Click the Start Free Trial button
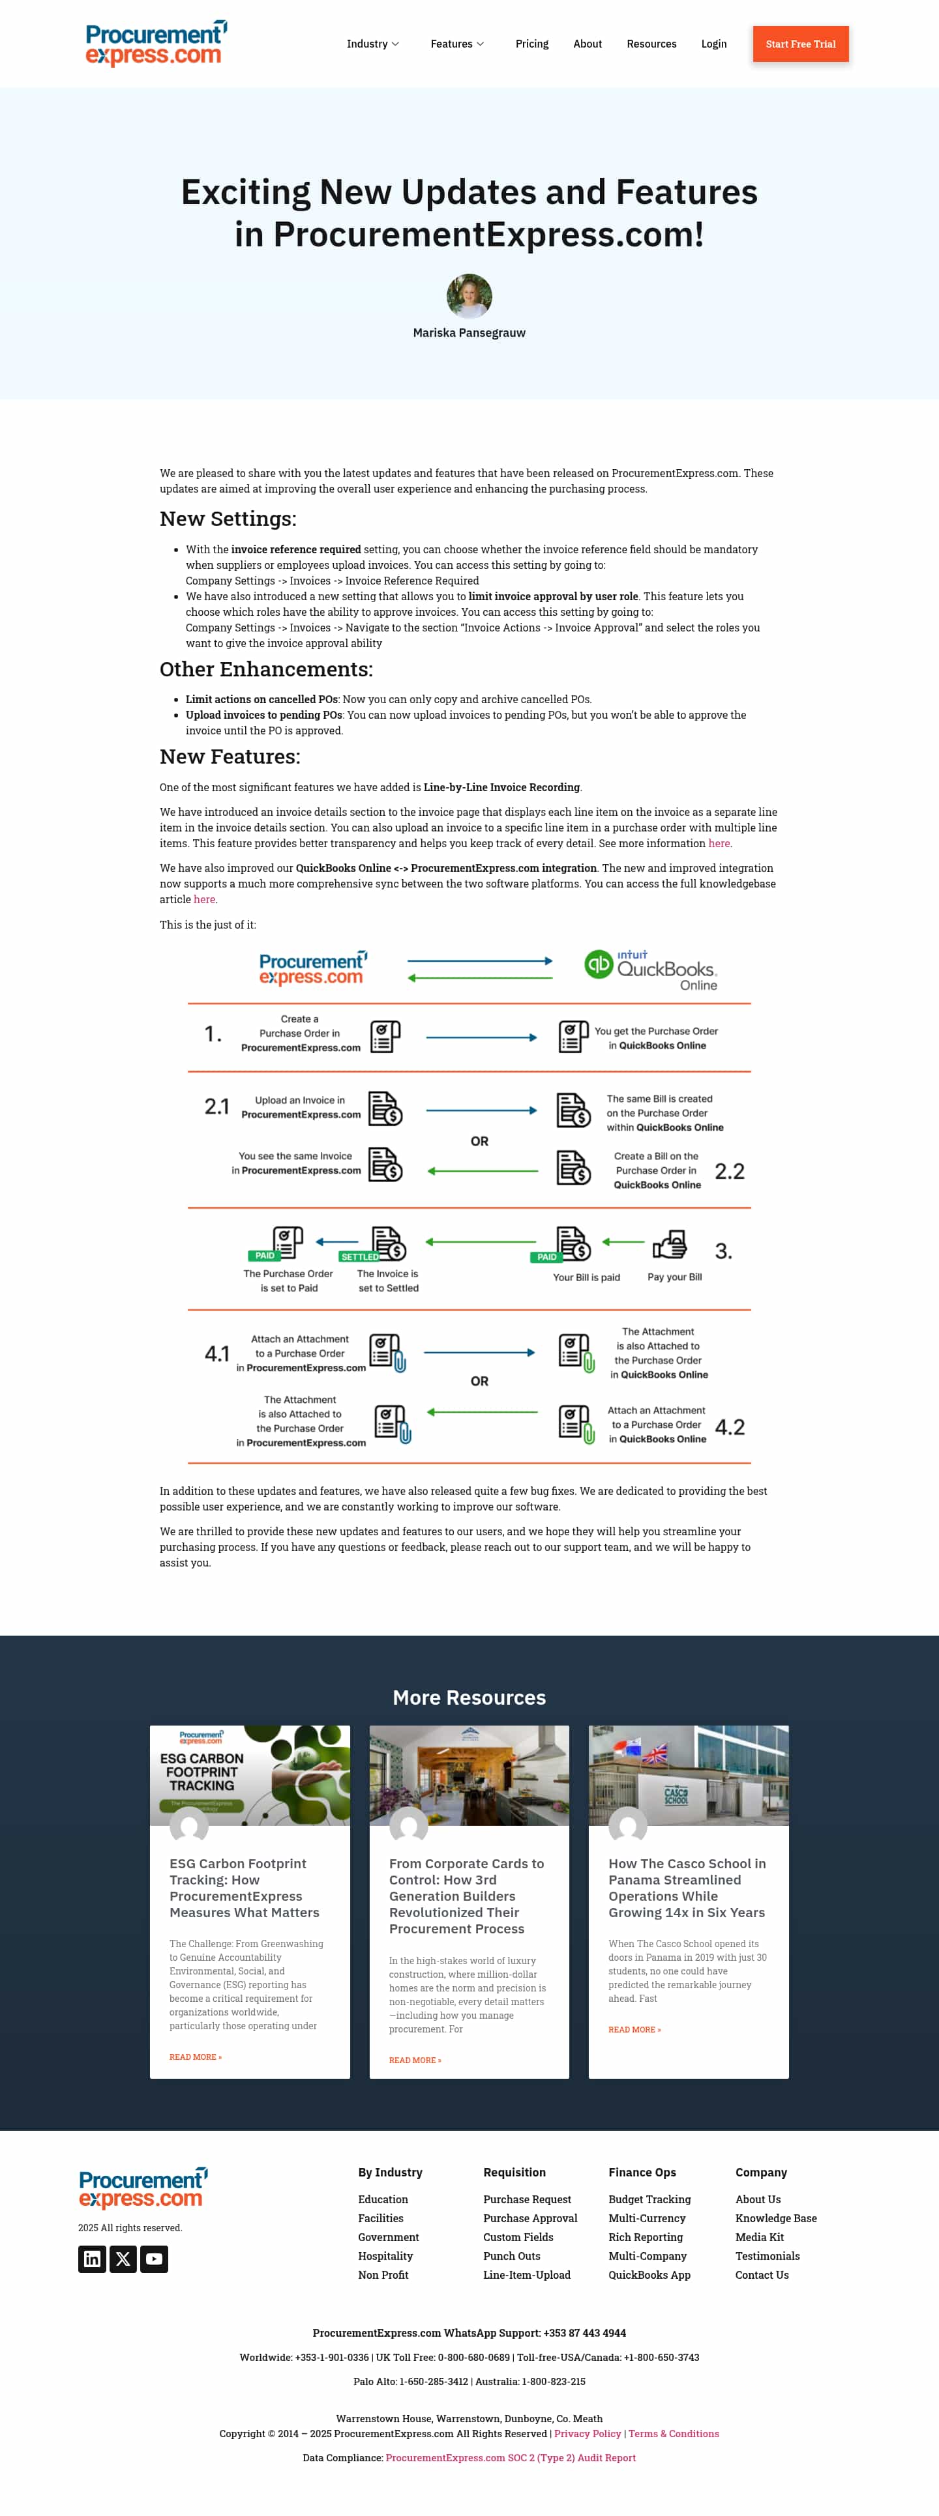pyautogui.click(x=800, y=44)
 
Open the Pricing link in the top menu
pyautogui.click(x=531, y=44)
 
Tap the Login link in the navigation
pyautogui.click(x=713, y=44)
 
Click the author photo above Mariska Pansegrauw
pyautogui.click(x=469, y=296)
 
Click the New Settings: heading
pyautogui.click(x=228, y=519)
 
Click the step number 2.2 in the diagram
pyautogui.click(x=729, y=1171)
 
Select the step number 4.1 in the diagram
pyautogui.click(x=217, y=1353)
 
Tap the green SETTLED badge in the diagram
pyautogui.click(x=359, y=1257)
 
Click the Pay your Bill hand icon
pyautogui.click(x=670, y=1245)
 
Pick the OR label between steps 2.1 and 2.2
pyautogui.click(x=479, y=1141)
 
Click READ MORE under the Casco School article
pyautogui.click(x=634, y=2030)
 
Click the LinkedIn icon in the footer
pyautogui.click(x=92, y=2259)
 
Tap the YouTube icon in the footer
pyautogui.click(x=153, y=2259)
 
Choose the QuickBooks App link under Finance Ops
pyautogui.click(x=649, y=2275)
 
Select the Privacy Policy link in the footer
pyautogui.click(x=588, y=2433)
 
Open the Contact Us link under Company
pyautogui.click(x=761, y=2275)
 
